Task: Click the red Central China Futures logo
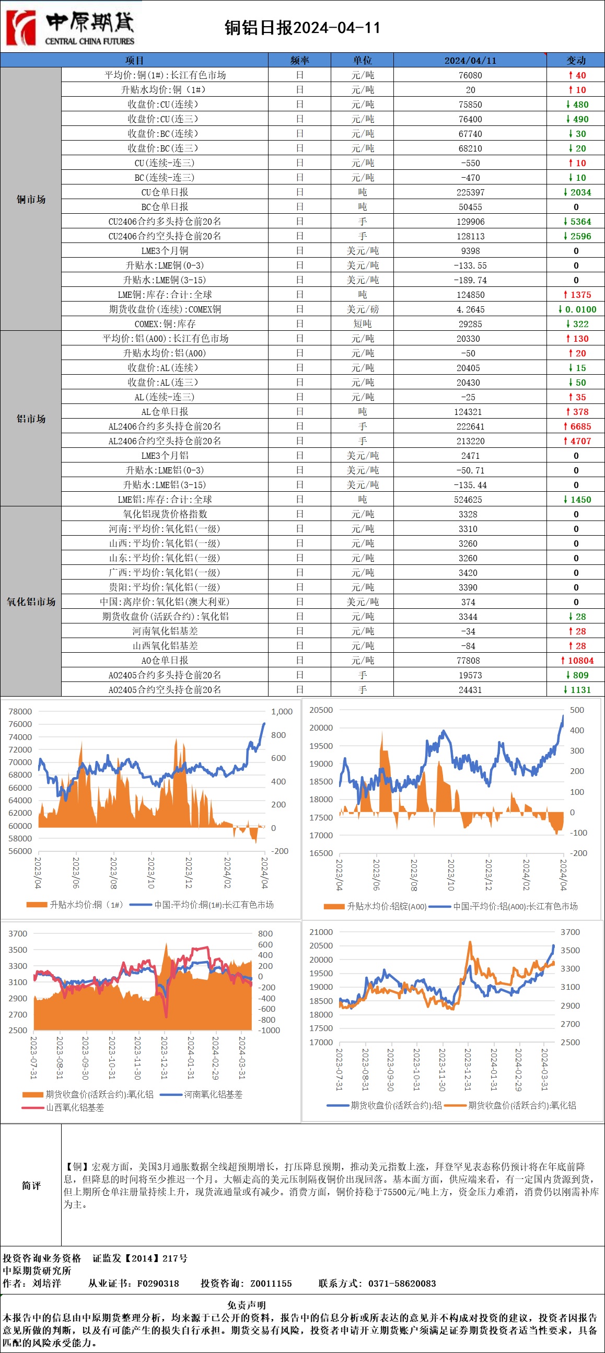21,27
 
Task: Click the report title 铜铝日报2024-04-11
302,27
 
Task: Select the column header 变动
576,61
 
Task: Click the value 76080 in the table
470,75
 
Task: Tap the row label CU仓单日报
165,192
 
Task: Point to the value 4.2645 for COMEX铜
470,309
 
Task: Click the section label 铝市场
31,419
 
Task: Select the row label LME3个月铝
165,455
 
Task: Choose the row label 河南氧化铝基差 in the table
165,631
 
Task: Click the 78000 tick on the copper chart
20,711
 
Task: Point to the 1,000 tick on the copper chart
282,711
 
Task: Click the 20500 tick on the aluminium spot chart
321,710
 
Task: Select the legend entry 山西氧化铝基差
75,1107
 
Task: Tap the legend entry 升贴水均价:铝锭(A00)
387,906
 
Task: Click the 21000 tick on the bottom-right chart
321,932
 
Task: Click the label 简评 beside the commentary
31,1185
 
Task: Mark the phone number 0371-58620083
402,1283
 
